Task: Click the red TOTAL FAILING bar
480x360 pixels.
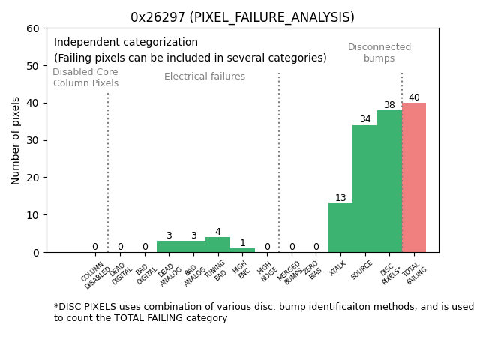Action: point(414,178)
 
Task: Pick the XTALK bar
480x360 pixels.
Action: point(340,228)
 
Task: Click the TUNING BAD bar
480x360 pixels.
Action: point(217,244)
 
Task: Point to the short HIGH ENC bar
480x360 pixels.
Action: point(242,250)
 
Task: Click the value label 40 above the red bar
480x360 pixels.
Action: point(414,97)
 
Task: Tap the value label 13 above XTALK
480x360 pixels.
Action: point(340,198)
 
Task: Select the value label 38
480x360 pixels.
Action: point(389,105)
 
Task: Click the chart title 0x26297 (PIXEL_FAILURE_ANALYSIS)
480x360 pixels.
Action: point(242,17)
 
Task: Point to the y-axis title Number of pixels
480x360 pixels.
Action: point(16,140)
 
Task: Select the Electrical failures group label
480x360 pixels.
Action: point(205,76)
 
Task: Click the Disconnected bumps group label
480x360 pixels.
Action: point(379,52)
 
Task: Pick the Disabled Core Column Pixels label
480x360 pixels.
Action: point(85,77)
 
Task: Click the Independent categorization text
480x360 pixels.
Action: point(126,43)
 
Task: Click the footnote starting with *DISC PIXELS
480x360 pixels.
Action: point(263,312)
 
